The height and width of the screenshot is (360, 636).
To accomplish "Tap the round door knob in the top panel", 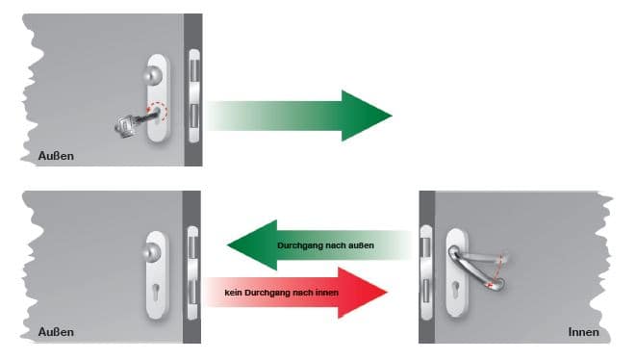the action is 153,75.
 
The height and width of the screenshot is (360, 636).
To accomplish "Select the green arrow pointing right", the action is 299,116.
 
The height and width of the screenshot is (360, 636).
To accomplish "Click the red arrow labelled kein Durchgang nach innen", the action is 296,293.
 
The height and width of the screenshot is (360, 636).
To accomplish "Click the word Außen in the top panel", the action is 56,156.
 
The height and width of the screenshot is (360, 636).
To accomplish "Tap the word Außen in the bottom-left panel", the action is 56,332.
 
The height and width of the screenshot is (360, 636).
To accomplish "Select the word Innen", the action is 584,332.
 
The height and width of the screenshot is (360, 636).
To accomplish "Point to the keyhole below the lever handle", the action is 457,290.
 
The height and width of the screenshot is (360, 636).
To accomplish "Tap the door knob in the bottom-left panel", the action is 153,251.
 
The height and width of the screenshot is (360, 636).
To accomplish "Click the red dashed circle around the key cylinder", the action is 158,112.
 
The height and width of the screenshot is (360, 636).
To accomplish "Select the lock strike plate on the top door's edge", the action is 194,96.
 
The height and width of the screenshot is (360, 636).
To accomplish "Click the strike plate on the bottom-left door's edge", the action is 192,272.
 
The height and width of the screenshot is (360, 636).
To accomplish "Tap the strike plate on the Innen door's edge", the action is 426,272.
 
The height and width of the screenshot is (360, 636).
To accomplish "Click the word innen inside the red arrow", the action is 327,293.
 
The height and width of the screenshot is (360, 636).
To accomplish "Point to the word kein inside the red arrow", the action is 233,293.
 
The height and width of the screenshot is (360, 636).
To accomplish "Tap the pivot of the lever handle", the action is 454,251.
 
